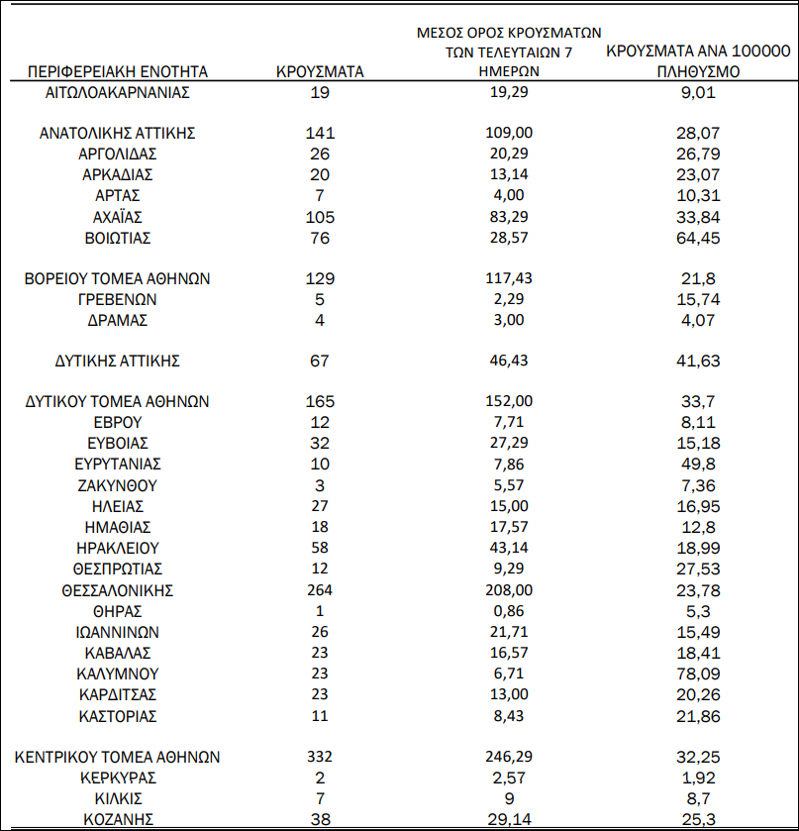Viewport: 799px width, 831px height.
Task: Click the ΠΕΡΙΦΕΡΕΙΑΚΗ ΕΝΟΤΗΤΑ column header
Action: [118, 71]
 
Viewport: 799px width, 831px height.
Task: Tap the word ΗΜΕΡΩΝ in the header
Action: [512, 71]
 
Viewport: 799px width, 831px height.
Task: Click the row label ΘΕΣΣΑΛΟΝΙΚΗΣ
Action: [118, 590]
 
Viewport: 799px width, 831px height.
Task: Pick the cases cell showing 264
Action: [319, 590]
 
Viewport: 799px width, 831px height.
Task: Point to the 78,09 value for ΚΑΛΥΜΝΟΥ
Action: [697, 674]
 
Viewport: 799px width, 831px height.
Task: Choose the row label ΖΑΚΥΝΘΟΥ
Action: [118, 485]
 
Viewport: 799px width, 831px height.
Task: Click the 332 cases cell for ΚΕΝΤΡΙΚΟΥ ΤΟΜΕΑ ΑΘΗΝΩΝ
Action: [319, 757]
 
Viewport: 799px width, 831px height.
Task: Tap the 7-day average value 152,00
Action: [512, 401]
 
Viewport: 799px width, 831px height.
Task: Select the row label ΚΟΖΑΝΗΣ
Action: [118, 819]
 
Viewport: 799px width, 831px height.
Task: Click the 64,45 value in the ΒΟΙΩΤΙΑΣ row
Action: [697, 238]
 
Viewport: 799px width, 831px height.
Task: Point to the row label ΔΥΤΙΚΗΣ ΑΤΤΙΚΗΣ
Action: [118, 361]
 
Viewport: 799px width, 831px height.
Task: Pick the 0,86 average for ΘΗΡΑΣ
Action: [512, 611]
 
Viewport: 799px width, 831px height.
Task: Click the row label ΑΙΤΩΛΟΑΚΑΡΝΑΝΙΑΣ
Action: [118, 92]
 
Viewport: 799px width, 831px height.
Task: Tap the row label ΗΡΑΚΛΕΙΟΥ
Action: [118, 548]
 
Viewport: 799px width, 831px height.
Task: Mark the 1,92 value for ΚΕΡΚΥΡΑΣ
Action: [697, 778]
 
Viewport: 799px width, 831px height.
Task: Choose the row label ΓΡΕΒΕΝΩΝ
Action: [118, 299]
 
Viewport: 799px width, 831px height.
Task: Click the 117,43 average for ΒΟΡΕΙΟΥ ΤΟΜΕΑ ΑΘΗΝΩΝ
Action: [512, 278]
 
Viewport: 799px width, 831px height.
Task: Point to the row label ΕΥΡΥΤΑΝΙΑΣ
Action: [118, 465]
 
